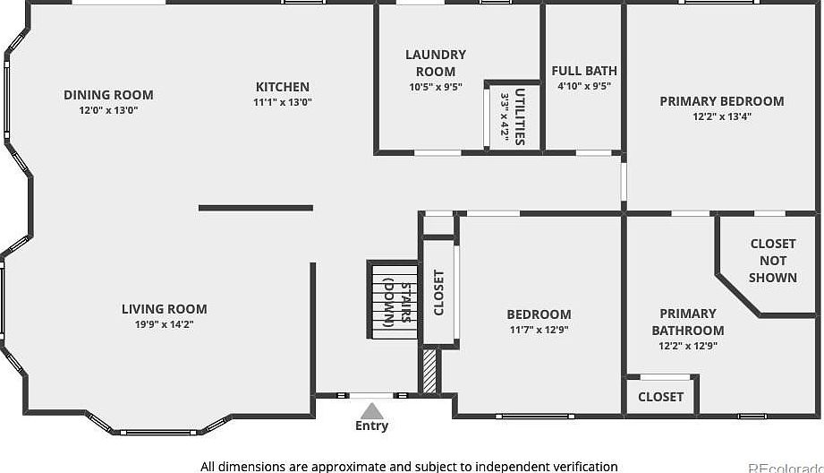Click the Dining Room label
[x=108, y=95]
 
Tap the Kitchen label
[x=283, y=87]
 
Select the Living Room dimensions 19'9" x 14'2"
[x=165, y=324]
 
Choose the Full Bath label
[x=584, y=71]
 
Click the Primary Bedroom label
[x=721, y=101]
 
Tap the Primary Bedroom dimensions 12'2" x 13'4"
[x=721, y=116]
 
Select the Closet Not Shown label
[x=773, y=261]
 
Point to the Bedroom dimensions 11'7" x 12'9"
[x=539, y=329]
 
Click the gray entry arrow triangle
[x=372, y=410]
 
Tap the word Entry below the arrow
[x=372, y=426]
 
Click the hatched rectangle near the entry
[x=429, y=371]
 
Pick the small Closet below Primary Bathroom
[x=661, y=396]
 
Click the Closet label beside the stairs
[x=438, y=293]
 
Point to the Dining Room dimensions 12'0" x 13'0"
[x=108, y=110]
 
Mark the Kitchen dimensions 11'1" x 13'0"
[x=283, y=102]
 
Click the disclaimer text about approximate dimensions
[x=409, y=466]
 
